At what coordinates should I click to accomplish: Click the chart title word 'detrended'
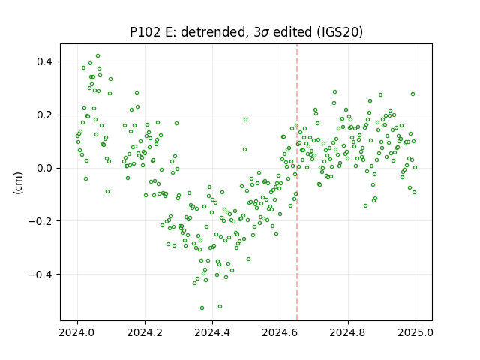coord(214,32)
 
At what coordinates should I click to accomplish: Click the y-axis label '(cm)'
coord(19,183)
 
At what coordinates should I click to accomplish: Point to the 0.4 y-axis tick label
coord(44,61)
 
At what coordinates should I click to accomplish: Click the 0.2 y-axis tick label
coord(44,115)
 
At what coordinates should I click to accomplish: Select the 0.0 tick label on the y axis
coord(44,168)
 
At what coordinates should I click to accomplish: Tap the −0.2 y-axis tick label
coord(40,221)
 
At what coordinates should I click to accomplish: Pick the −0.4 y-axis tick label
coord(40,274)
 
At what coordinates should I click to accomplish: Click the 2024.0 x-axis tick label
coord(77,332)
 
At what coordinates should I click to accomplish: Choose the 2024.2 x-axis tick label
coord(145,332)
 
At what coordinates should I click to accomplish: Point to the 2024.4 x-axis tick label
coord(212,332)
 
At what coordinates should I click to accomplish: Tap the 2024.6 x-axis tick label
coord(280,332)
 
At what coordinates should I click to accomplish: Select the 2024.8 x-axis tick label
coord(348,332)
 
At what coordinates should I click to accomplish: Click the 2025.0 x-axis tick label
coord(415,332)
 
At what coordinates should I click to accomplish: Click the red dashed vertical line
coord(297,182)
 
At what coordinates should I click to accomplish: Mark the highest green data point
coord(98,56)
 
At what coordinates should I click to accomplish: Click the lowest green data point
coord(202,308)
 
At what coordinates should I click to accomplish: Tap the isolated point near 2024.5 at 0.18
coord(245,120)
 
